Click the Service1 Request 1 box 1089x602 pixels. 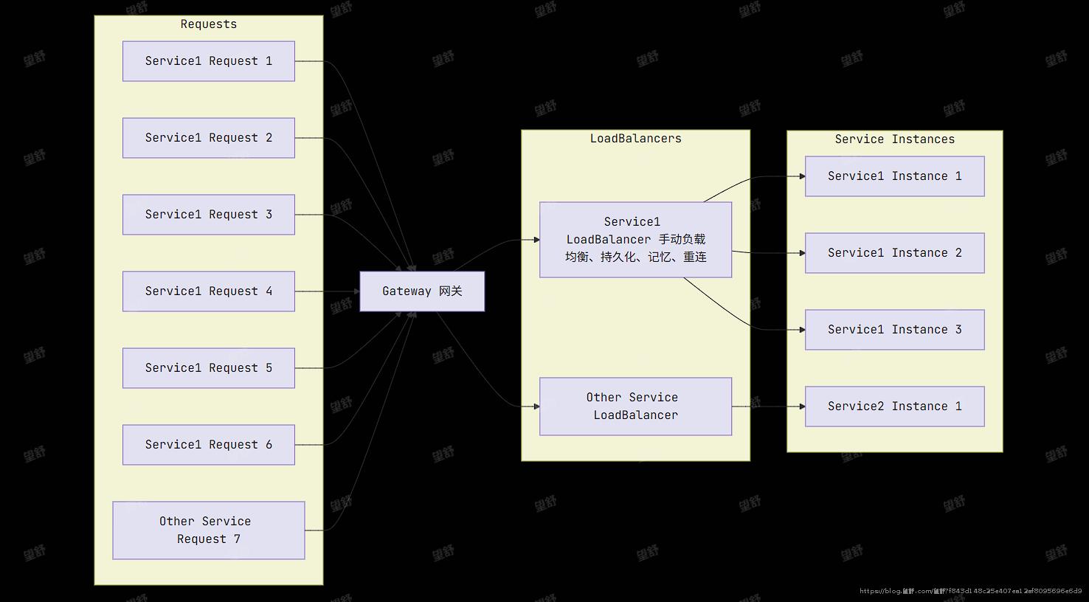(208, 61)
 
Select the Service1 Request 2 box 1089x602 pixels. (208, 138)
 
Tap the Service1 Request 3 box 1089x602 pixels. (208, 215)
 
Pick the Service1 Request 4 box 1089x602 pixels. (208, 291)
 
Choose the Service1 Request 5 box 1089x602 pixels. (208, 368)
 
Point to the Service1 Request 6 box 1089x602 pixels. (208, 445)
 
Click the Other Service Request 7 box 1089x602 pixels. (208, 530)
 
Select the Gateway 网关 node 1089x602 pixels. (422, 291)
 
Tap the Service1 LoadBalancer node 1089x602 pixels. (635, 240)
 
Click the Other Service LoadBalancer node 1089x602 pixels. (635, 406)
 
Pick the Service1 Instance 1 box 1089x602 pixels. (894, 176)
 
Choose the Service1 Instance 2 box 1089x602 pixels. (894, 253)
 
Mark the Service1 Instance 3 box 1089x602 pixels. (894, 330)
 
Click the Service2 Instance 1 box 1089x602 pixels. (894, 406)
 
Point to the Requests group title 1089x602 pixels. (209, 24)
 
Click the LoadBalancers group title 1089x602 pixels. (635, 139)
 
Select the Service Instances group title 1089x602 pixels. (894, 139)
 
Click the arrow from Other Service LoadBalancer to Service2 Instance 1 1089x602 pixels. (768, 406)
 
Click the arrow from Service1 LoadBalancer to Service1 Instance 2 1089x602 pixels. (768, 253)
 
